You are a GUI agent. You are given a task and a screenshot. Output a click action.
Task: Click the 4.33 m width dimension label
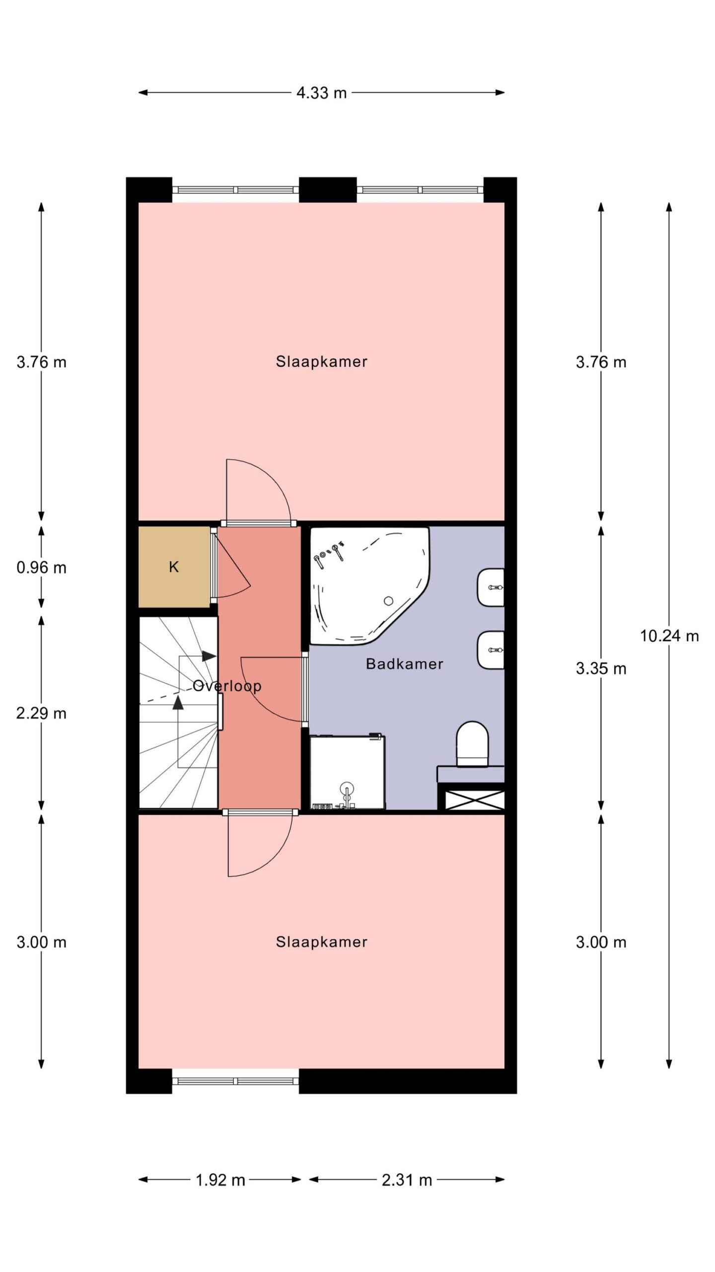(321, 93)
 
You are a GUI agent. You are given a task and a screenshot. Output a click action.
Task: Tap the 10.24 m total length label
(669, 636)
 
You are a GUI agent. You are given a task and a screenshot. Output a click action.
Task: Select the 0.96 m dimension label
(41, 567)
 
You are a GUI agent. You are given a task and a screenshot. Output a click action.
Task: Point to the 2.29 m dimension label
(41, 714)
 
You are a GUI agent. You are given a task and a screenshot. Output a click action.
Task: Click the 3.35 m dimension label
(601, 669)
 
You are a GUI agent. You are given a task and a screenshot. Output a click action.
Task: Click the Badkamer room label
(404, 664)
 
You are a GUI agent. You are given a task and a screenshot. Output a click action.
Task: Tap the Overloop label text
(227, 686)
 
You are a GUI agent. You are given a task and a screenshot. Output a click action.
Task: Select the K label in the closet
(173, 567)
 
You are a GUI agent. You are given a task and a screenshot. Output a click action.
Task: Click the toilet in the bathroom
(472, 744)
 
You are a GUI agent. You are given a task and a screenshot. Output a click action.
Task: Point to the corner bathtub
(369, 586)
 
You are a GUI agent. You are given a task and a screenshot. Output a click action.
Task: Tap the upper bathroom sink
(491, 587)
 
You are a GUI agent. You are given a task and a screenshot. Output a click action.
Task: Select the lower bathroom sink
(491, 650)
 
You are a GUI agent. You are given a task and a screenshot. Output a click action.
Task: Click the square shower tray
(348, 773)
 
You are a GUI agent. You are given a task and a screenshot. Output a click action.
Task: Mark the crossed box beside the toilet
(474, 799)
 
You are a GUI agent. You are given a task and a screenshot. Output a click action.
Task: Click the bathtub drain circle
(389, 601)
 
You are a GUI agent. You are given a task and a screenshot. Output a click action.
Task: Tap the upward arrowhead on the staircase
(177, 702)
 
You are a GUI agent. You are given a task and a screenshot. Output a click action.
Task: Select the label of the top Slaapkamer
(321, 362)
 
